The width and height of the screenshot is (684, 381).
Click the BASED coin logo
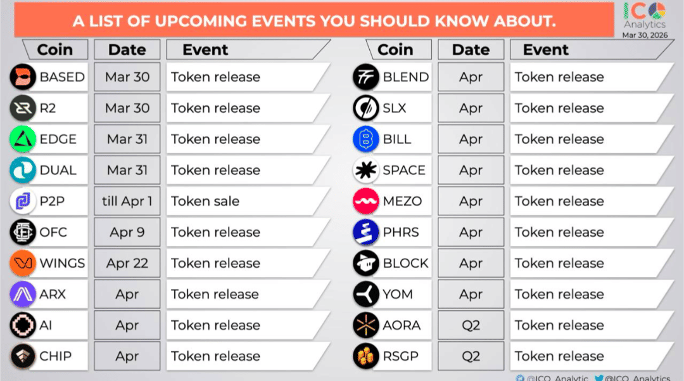tap(23, 77)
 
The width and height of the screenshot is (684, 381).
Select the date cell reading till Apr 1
tap(127, 202)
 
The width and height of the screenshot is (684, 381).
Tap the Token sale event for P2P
tap(205, 202)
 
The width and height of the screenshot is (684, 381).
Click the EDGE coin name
tap(58, 139)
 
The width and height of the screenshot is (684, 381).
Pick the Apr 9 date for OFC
tap(127, 233)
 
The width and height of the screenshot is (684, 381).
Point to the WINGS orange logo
tap(23, 264)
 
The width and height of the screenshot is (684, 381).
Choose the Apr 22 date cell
tap(127, 264)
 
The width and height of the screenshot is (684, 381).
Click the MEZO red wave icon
tap(366, 202)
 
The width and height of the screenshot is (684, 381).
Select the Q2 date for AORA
tap(471, 325)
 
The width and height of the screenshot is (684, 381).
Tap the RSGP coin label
tap(400, 356)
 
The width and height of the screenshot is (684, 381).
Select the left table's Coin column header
tap(54, 49)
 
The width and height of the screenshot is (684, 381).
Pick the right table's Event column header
tap(545, 49)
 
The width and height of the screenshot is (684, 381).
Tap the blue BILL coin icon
tap(366, 139)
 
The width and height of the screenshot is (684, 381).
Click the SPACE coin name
tap(404, 171)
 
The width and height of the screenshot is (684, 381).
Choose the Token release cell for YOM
tap(559, 295)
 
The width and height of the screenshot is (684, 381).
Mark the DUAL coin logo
tap(23, 171)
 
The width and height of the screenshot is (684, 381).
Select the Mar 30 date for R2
tap(127, 108)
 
